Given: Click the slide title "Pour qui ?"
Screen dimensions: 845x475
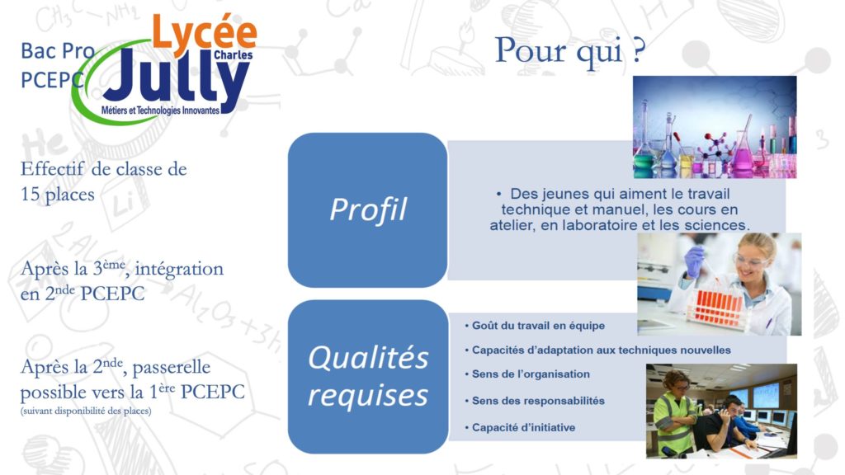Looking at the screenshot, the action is tap(569, 51).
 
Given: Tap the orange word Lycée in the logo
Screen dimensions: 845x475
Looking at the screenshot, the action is tap(205, 31).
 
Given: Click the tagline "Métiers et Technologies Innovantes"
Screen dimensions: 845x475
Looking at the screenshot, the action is tap(161, 111).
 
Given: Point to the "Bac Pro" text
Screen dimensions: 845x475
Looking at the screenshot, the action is tap(58, 51).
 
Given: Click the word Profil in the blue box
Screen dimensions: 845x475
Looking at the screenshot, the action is tap(368, 209).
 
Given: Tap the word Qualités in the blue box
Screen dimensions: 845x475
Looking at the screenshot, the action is tap(368, 357).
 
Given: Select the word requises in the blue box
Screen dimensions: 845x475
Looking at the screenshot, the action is tap(368, 395).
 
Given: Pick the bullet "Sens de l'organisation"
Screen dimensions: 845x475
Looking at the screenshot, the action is tap(527, 374).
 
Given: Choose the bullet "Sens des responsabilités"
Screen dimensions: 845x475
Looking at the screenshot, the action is tap(535, 401).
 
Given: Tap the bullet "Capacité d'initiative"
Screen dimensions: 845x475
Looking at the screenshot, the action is tap(520, 428).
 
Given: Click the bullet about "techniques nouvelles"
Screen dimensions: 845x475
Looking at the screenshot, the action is tap(597, 350).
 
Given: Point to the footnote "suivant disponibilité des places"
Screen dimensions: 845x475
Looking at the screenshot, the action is tap(86, 411).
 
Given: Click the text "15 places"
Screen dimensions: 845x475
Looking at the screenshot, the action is tap(58, 194).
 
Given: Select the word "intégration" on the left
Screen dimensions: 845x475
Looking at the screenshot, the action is tap(179, 268).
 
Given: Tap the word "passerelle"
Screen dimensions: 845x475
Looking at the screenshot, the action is tap(172, 367).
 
